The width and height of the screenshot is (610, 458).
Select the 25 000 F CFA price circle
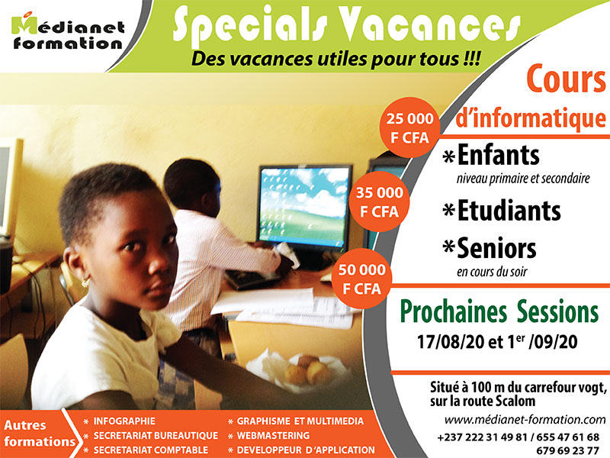tap(409, 127)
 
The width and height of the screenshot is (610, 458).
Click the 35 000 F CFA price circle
tap(379, 202)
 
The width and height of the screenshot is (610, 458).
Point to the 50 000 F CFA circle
tap(361, 279)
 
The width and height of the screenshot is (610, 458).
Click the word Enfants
tap(499, 155)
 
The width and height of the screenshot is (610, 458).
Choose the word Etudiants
tap(509, 211)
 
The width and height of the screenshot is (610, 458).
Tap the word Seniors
tap(496, 248)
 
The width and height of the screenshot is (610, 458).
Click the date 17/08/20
tap(451, 342)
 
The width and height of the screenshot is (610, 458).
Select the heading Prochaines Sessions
tap(499, 311)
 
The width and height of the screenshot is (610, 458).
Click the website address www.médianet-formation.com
tap(525, 420)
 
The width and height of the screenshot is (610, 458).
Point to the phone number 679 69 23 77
tap(567, 450)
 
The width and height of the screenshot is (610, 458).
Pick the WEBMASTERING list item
tap(273, 435)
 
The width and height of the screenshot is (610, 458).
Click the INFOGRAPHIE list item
tap(124, 421)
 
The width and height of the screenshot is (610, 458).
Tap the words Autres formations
tap(40, 433)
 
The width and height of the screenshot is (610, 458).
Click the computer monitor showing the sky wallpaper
tap(306, 206)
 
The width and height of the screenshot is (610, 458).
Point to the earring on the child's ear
tap(85, 282)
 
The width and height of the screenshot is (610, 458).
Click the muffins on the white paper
tap(308, 371)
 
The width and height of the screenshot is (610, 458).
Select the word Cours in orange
tap(566, 79)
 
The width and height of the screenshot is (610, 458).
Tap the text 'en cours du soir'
tap(492, 272)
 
